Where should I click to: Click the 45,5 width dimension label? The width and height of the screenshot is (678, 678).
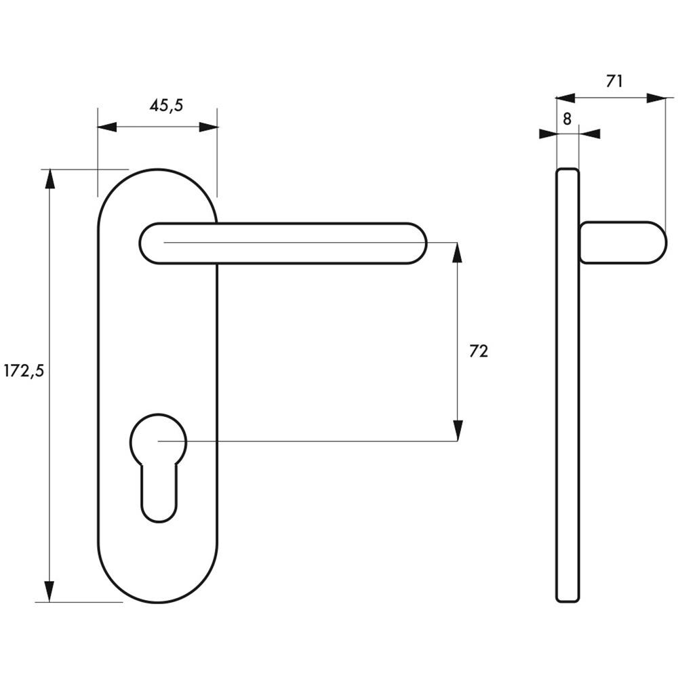pos(167,105)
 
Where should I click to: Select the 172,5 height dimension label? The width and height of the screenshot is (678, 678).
pos(24,371)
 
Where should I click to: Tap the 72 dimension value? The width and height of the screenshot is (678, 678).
pos(479,351)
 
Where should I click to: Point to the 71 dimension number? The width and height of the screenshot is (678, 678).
pos(614,81)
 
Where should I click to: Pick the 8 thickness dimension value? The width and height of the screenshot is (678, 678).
pos(567,119)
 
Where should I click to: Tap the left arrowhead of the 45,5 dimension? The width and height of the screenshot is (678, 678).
pos(107,127)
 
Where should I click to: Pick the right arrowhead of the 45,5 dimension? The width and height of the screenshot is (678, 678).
pos(208,127)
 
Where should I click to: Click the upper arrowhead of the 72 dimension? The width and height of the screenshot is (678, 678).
pos(457,253)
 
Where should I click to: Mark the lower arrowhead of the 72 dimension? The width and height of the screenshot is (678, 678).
pos(457,430)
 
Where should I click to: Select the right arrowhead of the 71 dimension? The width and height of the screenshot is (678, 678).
pos(656,98)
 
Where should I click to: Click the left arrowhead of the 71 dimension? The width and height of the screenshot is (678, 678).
pos(565,98)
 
